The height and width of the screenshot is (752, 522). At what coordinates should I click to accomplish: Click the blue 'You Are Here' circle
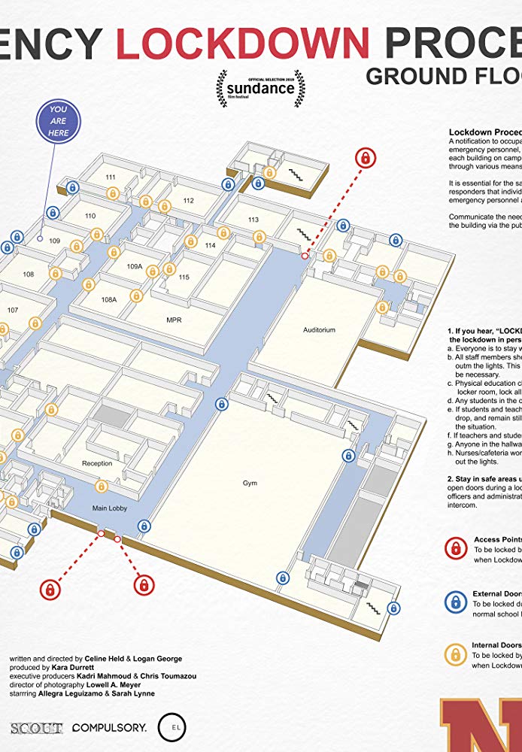click(59, 121)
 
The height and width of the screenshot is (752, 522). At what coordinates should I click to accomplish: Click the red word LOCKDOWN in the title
click(243, 42)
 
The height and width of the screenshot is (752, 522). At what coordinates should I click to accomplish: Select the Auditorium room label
click(319, 330)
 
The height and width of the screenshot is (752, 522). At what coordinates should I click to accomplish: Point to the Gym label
click(250, 483)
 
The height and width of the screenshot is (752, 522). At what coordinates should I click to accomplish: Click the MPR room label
click(175, 320)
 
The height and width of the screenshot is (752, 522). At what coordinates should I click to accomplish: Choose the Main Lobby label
click(110, 508)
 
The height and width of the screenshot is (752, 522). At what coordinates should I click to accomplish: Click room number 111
click(111, 177)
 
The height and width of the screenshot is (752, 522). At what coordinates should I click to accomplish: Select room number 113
click(253, 220)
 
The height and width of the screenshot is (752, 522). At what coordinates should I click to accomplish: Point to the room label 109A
click(135, 266)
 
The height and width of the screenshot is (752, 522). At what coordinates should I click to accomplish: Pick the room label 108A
click(109, 299)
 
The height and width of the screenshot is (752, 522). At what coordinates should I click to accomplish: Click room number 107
click(13, 310)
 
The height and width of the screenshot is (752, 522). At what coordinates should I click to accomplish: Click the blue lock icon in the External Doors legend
click(454, 602)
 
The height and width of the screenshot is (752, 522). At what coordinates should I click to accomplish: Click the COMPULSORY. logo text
click(110, 728)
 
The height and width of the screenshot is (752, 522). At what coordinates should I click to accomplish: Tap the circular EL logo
click(171, 728)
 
